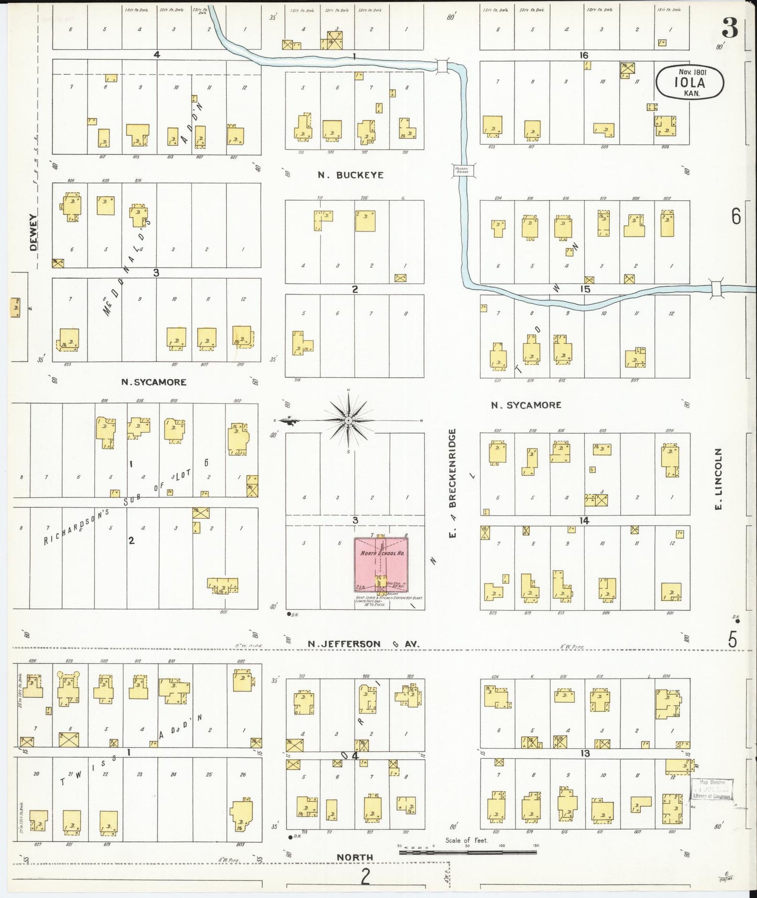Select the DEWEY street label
pyautogui.click(x=34, y=232)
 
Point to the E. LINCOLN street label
pyautogui.click(x=719, y=479)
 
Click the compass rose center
pyautogui.click(x=348, y=420)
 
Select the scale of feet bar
pyautogui.click(x=468, y=852)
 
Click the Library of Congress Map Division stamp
pyautogui.click(x=712, y=789)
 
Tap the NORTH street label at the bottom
pyautogui.click(x=355, y=857)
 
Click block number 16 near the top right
pyautogui.click(x=584, y=55)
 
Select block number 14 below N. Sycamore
pyautogui.click(x=585, y=520)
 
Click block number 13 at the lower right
pyautogui.click(x=585, y=753)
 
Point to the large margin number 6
pyautogui.click(x=736, y=216)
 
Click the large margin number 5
pyautogui.click(x=732, y=639)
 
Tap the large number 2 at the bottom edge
pyautogui.click(x=365, y=876)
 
